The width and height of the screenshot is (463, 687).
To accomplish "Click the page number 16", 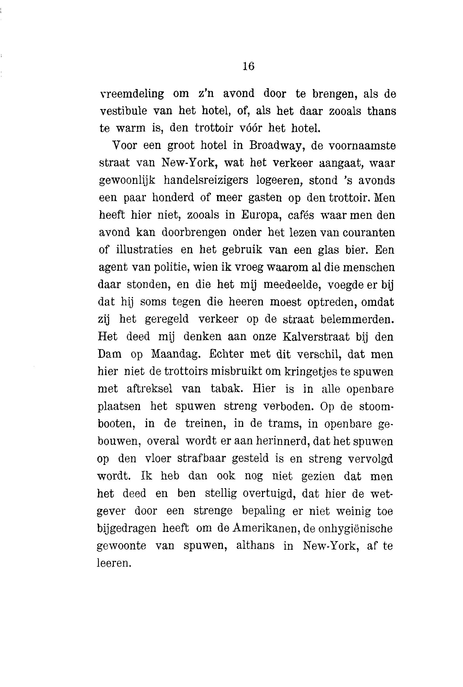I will point(248,66).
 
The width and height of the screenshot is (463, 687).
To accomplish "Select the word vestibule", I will point(123,111).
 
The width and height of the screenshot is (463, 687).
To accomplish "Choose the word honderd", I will point(173,197).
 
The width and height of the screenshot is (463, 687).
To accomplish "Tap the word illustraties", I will point(144,250).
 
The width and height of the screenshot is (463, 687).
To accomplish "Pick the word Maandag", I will point(176,354).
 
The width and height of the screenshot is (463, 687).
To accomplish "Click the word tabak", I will point(227,389).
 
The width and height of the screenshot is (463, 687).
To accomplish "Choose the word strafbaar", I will point(202,458).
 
